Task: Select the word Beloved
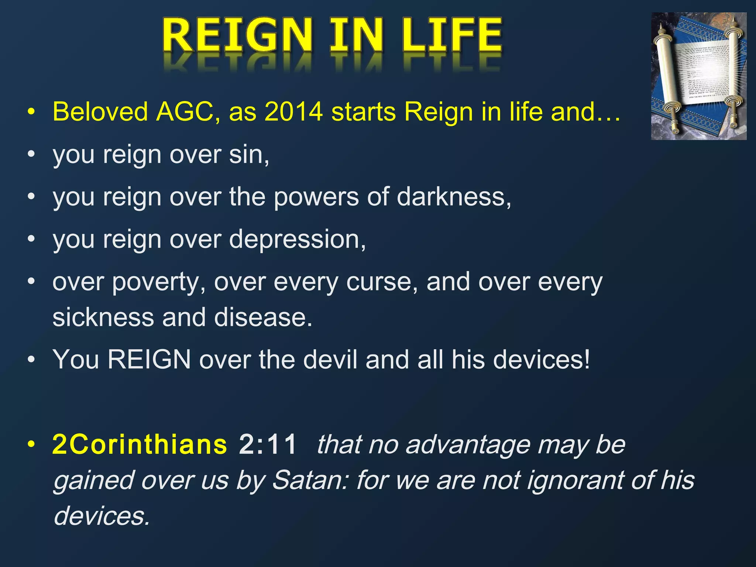click(100, 111)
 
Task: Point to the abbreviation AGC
click(185, 111)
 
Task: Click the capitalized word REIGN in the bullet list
click(149, 360)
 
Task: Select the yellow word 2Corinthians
click(140, 444)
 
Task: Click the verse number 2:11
click(268, 444)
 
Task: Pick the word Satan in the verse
click(310, 481)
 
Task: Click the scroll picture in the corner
click(698, 76)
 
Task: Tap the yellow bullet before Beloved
click(31, 111)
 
